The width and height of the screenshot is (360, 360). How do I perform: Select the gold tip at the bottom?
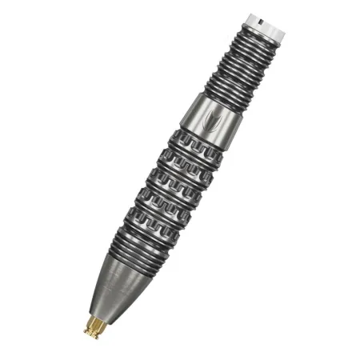(x=95, y=324)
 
